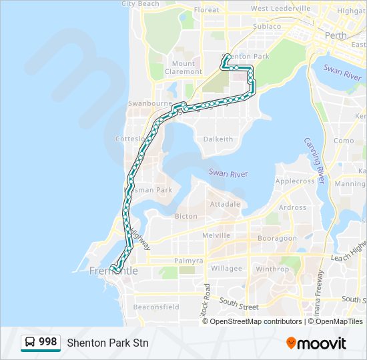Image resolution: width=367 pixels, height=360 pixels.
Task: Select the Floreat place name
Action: coord(206,10)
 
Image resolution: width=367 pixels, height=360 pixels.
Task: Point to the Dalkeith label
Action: coord(218,139)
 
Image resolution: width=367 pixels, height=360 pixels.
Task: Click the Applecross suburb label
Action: coord(294,181)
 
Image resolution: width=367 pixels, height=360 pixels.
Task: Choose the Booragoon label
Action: coord(277,238)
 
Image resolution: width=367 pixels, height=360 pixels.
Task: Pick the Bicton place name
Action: coord(186,216)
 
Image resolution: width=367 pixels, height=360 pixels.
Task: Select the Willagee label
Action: coord(226,269)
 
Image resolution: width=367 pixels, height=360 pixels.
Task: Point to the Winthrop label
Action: coord(272,269)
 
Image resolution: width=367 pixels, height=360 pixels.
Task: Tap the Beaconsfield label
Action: coord(156,307)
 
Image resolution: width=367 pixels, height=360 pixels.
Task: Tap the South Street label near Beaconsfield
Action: coord(238,306)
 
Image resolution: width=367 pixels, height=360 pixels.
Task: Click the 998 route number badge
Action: coord(47,342)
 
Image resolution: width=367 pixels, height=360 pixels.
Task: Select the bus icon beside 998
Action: coord(31,343)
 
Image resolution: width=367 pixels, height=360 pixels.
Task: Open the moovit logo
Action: coord(316,343)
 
